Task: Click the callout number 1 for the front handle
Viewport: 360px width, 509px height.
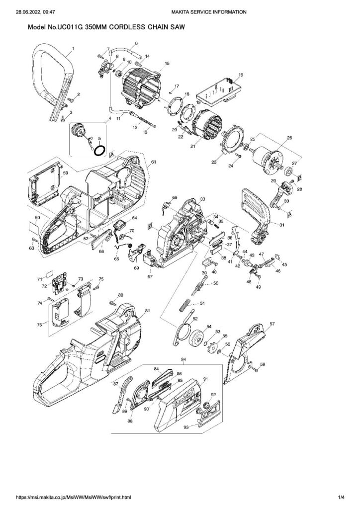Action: point(73,49)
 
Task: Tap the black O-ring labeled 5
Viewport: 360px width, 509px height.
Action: point(99,150)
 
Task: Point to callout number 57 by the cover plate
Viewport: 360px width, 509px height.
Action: point(271,324)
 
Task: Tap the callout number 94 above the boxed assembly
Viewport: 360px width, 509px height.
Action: point(183,359)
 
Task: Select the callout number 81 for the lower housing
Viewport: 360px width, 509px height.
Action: point(147,311)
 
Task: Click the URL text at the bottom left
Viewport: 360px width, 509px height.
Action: point(75,497)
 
